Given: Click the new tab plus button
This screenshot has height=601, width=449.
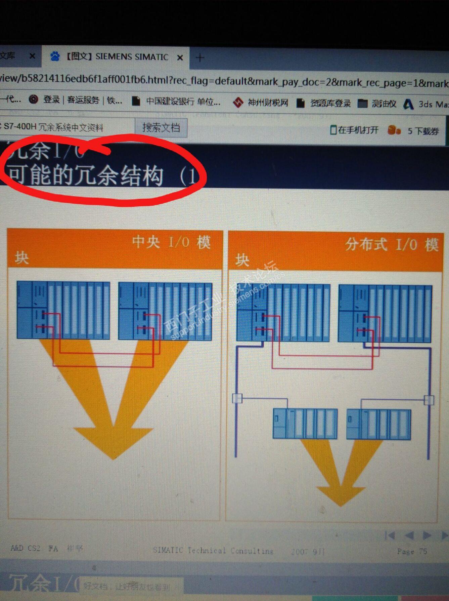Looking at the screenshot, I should [200, 58].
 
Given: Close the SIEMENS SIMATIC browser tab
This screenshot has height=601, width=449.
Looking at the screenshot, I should [180, 57].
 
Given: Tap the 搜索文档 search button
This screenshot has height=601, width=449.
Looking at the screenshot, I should [161, 127].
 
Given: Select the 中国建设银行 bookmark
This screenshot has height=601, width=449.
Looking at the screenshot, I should [183, 102].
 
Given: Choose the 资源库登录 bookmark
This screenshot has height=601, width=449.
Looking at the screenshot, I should [329, 103].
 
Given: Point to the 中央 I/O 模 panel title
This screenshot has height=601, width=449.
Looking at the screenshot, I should [171, 242].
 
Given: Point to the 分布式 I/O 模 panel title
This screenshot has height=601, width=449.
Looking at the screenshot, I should [392, 244].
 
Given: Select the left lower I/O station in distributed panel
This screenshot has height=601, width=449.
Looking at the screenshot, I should [305, 423].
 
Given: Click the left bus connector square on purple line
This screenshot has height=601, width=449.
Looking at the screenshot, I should [237, 398].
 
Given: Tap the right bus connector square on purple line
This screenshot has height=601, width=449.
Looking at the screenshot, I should [429, 400].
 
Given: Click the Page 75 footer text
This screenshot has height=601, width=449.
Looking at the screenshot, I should [412, 551].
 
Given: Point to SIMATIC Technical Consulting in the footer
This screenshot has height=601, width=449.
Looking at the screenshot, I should [213, 551].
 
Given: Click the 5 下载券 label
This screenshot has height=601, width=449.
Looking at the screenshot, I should [423, 131].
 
